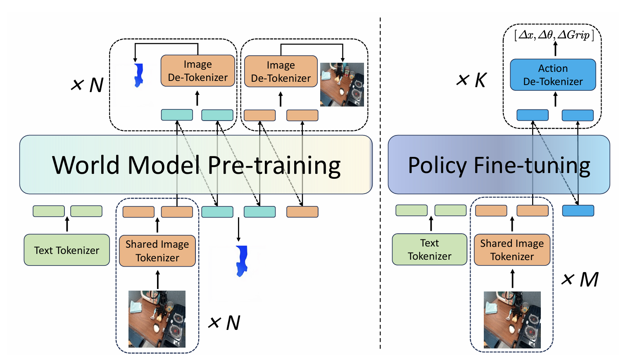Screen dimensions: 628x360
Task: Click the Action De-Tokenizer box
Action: tap(553, 75)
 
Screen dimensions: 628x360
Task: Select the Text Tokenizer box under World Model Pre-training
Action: tap(67, 250)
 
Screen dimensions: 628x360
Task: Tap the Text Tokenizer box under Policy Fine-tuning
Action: tap(430, 249)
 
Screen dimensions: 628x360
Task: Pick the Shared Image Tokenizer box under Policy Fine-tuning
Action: tap(512, 250)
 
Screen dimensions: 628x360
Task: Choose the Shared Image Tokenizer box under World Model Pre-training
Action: tap(157, 251)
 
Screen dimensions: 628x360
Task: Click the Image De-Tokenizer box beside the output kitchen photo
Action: tap(281, 71)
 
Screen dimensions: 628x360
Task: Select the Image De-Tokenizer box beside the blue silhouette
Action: tap(197, 71)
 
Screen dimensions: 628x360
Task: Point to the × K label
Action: tap(471, 80)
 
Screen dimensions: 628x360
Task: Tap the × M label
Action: tap(580, 279)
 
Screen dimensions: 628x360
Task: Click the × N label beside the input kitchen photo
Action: tap(224, 322)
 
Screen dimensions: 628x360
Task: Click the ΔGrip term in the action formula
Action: tap(573, 36)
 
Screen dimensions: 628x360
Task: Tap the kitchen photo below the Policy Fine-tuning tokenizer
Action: tap(512, 320)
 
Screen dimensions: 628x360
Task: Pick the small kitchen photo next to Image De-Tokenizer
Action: tap(342, 85)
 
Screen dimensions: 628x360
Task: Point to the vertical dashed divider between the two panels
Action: tap(380, 183)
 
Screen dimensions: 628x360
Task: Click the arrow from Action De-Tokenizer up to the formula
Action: tap(555, 49)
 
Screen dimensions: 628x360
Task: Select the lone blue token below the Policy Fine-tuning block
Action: tap(578, 211)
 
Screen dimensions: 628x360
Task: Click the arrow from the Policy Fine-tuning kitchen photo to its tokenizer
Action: tap(512, 279)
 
